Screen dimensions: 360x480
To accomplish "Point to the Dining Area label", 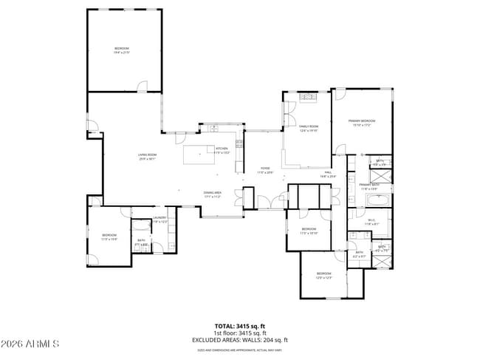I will click(x=213, y=194).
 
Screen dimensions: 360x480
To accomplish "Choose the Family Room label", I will click(x=308, y=129).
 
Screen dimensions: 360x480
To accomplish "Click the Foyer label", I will click(x=264, y=170).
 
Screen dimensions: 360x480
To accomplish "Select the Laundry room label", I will click(x=160, y=219).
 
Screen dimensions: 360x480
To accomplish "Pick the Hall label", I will click(x=328, y=175).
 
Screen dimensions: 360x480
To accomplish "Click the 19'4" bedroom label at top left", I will click(x=121, y=50).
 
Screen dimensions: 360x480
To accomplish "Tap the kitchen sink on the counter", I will click(x=214, y=130).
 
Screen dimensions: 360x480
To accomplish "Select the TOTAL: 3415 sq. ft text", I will click(x=240, y=325).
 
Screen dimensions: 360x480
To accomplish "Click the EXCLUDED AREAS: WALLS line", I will click(x=240, y=339).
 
